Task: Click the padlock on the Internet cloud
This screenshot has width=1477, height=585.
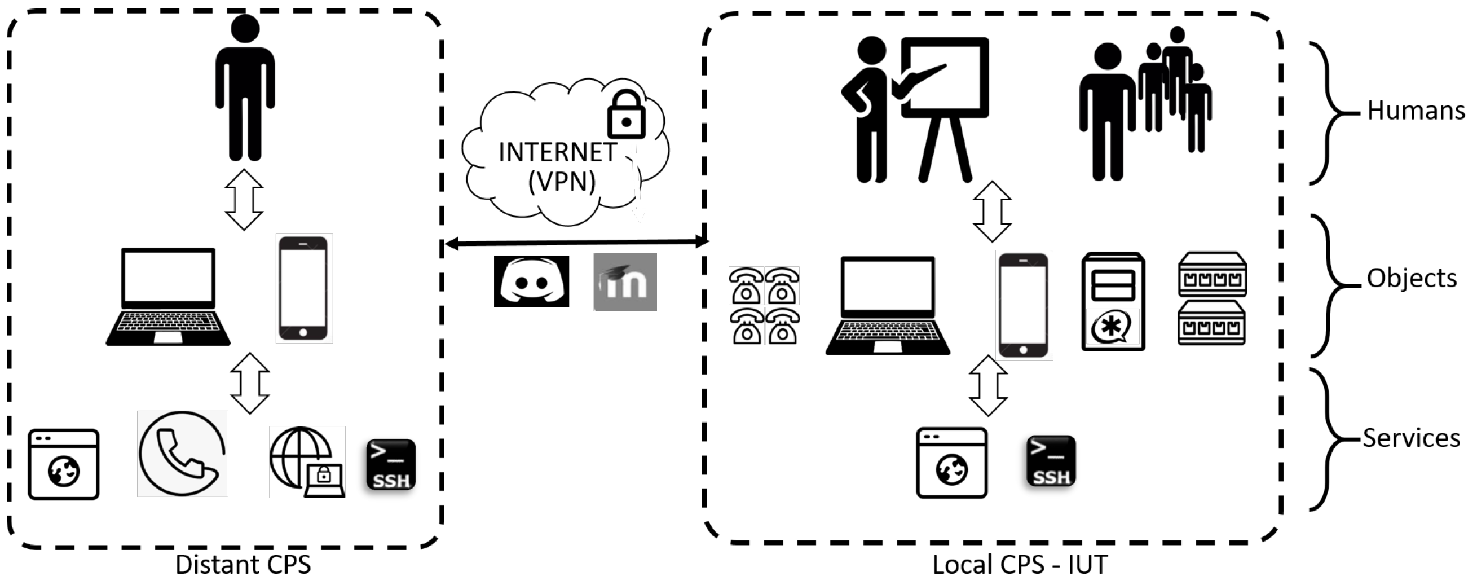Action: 625,115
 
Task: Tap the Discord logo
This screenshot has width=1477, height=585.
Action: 531,281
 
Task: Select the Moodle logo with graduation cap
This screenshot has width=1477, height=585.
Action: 625,281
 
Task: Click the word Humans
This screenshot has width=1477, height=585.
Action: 1415,111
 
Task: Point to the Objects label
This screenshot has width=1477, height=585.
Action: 1411,278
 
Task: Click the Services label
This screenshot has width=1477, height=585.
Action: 1411,438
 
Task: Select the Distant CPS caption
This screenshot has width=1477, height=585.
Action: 243,564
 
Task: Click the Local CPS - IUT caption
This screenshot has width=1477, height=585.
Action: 1020,564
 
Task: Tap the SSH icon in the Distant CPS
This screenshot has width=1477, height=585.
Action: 391,465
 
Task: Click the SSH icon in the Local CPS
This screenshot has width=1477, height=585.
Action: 1051,461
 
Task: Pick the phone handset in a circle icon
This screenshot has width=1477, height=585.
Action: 182,454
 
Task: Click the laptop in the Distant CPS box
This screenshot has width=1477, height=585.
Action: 168,297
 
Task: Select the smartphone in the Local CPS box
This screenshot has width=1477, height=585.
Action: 1024,305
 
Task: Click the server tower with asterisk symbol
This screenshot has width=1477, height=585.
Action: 1113,302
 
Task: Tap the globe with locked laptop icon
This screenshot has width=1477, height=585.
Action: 307,462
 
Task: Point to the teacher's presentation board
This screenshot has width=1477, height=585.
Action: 945,77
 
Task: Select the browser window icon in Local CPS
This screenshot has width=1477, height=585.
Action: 952,463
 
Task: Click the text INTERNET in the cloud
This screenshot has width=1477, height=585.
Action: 557,152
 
